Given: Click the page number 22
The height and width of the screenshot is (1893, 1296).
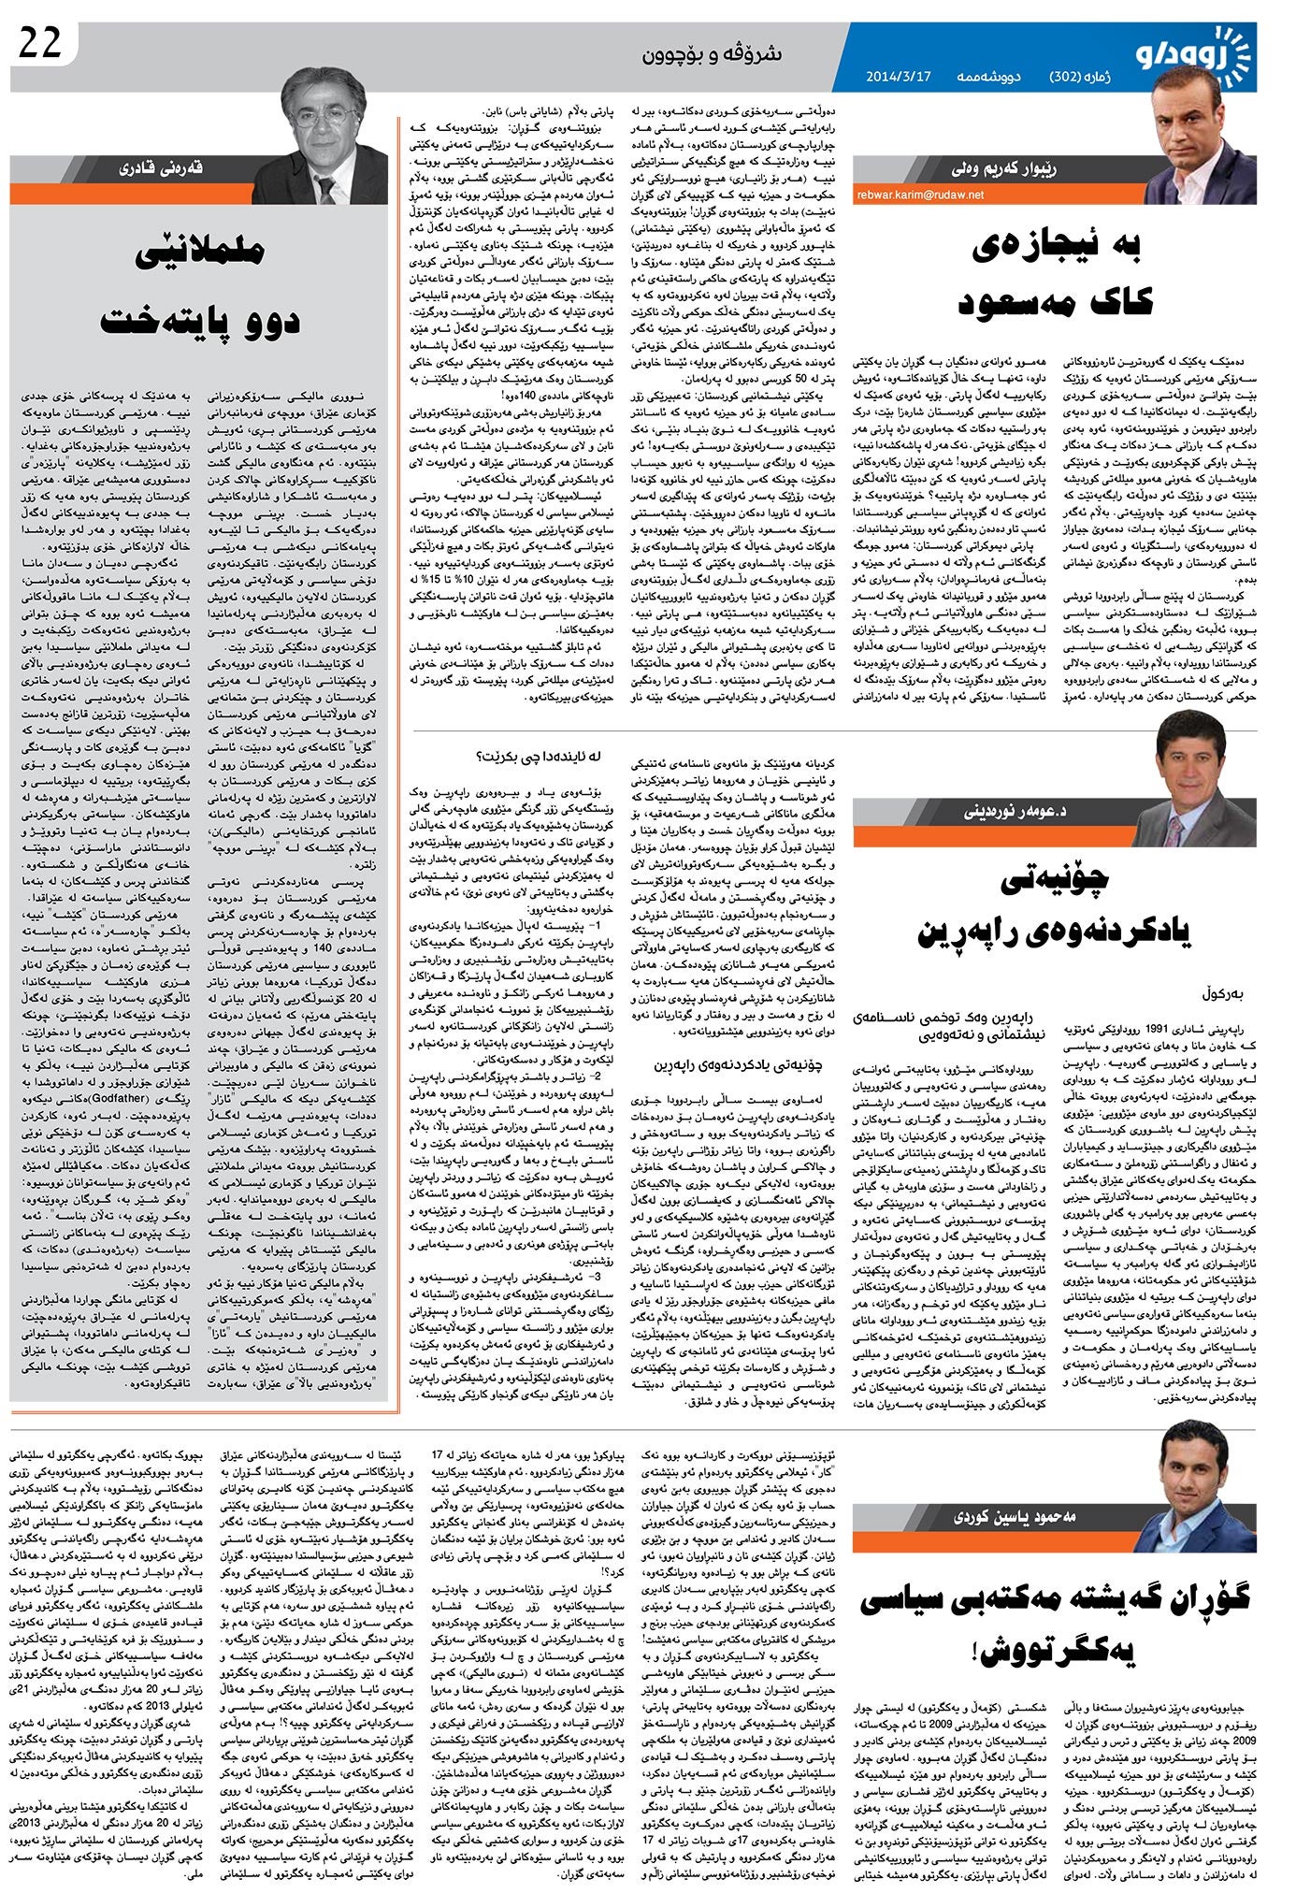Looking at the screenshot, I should pos(38,44).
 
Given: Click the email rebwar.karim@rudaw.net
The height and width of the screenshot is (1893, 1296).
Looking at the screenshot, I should pos(918,195).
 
